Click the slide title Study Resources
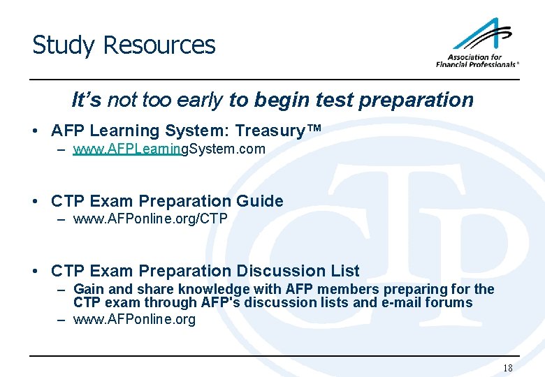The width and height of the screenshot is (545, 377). (124, 45)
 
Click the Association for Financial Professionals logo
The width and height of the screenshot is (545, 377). (478, 43)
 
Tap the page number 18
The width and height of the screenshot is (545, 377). (507, 368)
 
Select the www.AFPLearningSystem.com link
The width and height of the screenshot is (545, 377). (169, 149)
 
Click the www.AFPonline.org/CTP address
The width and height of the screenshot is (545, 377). (150, 219)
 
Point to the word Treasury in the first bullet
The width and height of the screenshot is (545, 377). (270, 131)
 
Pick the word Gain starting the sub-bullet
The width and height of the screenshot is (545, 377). (87, 289)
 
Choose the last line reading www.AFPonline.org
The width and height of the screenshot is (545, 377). (134, 320)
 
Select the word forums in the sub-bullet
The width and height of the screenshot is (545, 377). (449, 302)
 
